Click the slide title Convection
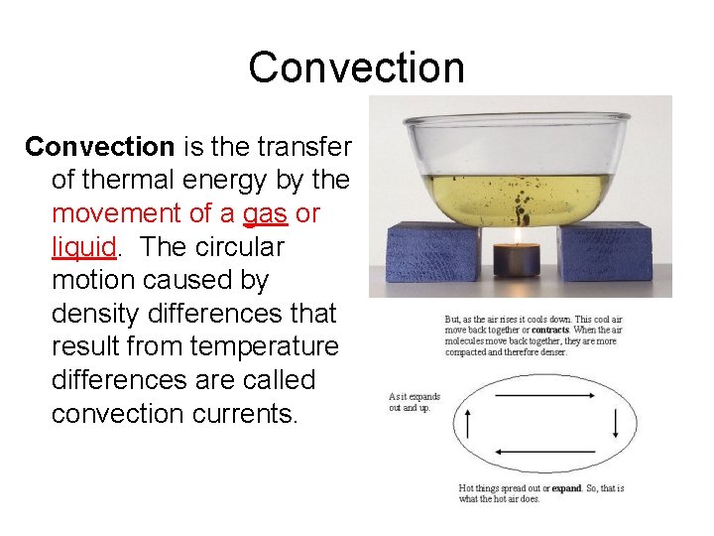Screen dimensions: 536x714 (x=356, y=67)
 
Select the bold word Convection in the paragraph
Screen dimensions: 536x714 (x=99, y=147)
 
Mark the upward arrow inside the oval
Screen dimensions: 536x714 (x=468, y=425)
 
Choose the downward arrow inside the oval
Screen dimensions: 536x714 (x=615, y=425)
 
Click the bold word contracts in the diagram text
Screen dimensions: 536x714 (x=549, y=330)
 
